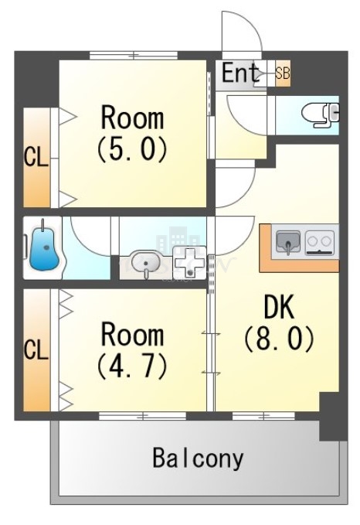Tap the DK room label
[279, 308]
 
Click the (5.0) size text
[132, 149]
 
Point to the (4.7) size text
[132, 366]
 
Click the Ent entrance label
[242, 74]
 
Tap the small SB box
[283, 74]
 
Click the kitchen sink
[289, 243]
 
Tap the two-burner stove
[320, 243]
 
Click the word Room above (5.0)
[132, 119]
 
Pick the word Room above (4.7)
[132, 336]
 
